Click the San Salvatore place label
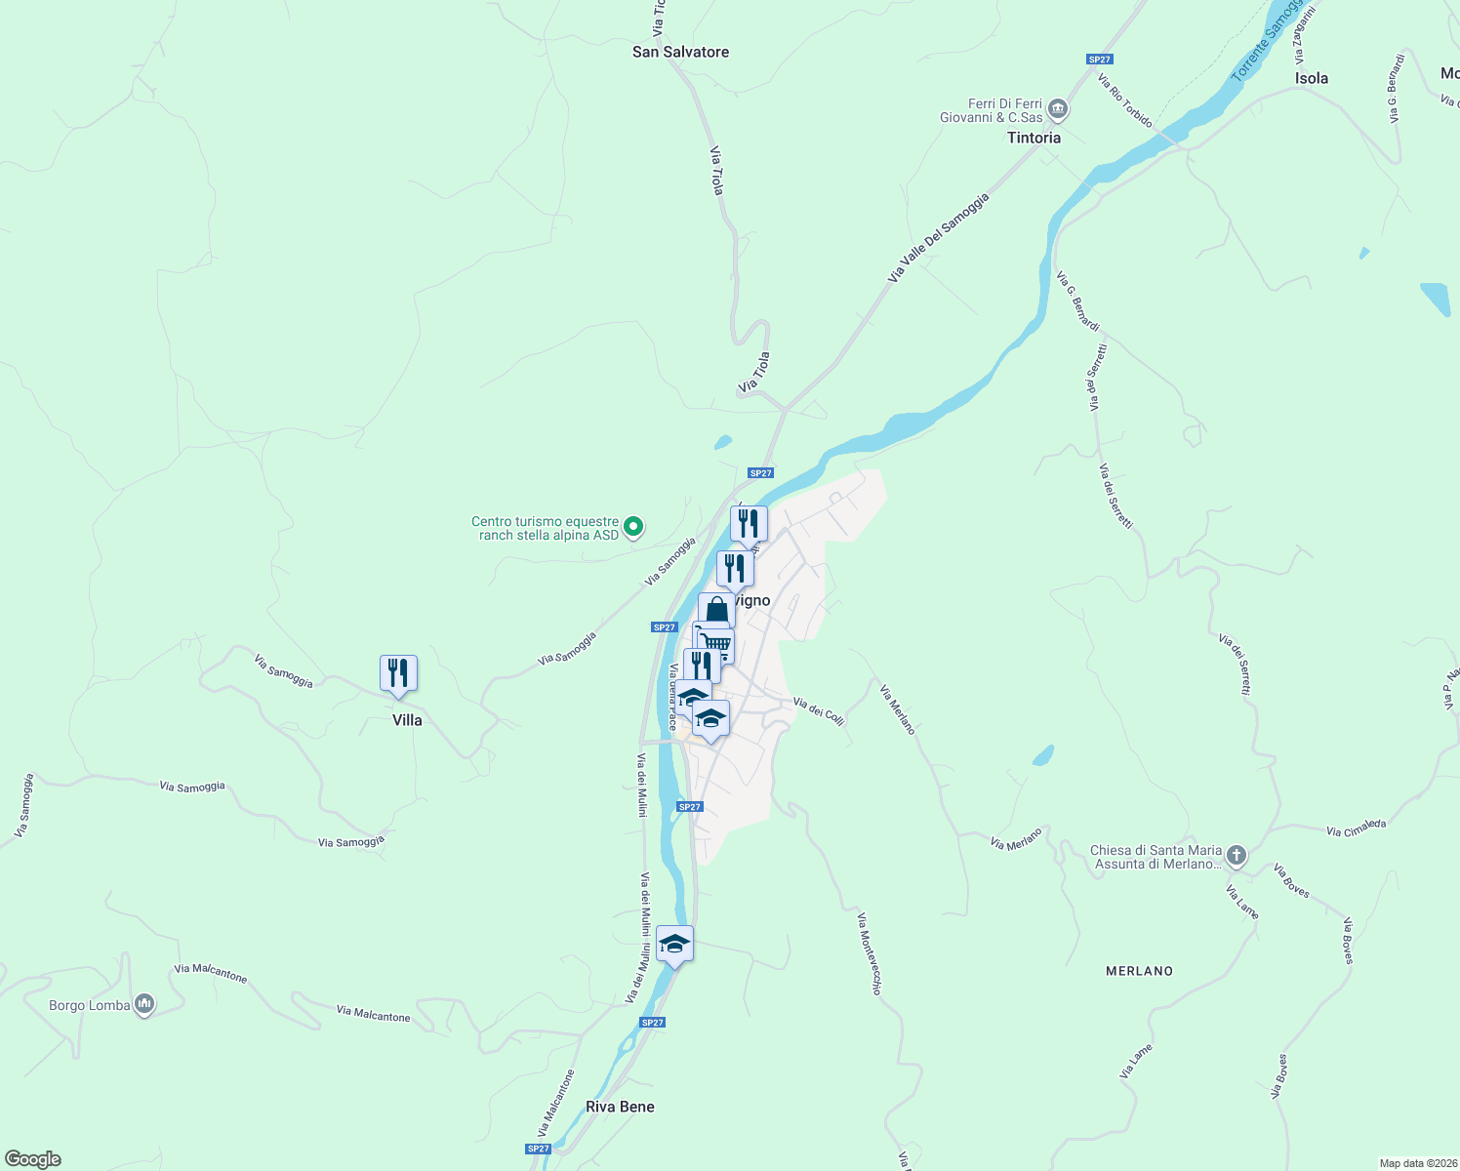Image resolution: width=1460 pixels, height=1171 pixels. tap(680, 52)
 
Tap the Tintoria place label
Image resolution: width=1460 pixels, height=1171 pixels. tap(1034, 138)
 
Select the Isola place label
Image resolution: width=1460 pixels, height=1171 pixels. tap(1311, 78)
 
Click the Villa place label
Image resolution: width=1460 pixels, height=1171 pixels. tap(407, 720)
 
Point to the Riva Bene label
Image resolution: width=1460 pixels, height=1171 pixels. tap(620, 1107)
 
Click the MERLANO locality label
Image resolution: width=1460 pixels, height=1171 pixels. tap(1139, 971)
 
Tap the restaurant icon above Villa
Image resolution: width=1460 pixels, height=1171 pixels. tap(398, 672)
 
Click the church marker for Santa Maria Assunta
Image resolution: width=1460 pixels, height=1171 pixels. tap(1237, 857)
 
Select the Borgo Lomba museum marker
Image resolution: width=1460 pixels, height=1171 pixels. tap(144, 1003)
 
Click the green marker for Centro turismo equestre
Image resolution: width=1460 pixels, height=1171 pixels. tap(633, 527)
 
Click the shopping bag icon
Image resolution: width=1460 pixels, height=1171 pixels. tap(716, 610)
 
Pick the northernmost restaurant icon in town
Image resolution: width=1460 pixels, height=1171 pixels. tap(749, 523)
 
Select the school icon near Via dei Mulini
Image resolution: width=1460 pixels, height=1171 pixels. tap(674, 943)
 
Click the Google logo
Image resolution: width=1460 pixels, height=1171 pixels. tap(33, 1159)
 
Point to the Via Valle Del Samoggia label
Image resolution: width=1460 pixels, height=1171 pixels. tap(938, 239)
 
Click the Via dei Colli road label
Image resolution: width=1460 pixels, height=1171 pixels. tap(818, 709)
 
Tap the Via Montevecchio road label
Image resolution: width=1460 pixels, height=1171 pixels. tap(870, 953)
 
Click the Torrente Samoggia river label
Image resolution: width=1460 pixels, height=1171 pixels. tap(1267, 41)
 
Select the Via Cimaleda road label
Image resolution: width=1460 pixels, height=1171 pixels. tap(1356, 828)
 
